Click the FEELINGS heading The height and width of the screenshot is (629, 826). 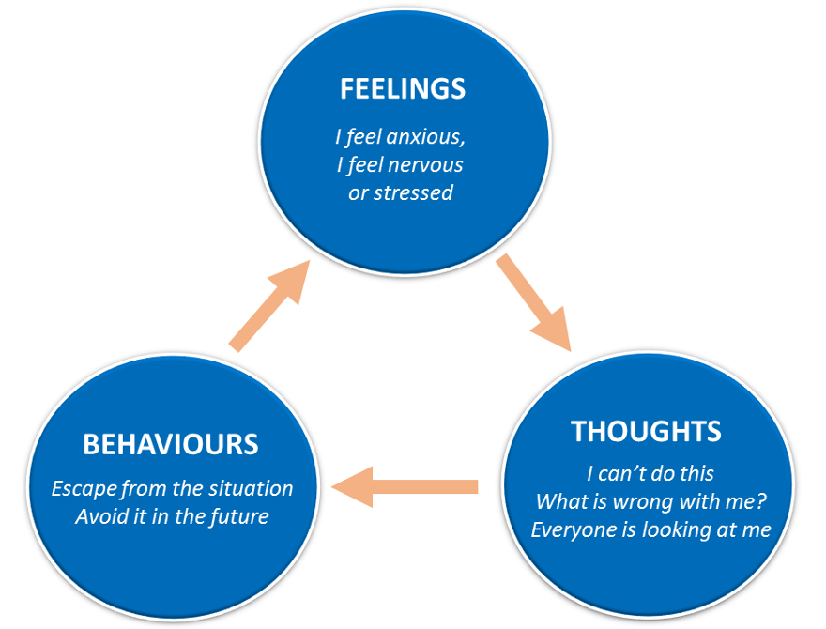tap(402, 88)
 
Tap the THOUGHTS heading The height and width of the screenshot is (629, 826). tap(646, 431)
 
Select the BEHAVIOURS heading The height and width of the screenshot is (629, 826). tap(171, 443)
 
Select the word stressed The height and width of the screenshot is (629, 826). tap(413, 192)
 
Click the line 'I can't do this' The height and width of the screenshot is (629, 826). tap(649, 474)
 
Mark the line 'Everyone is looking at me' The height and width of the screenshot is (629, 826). tap(650, 529)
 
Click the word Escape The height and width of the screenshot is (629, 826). tap(81, 489)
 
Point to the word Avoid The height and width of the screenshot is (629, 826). tap(99, 517)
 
